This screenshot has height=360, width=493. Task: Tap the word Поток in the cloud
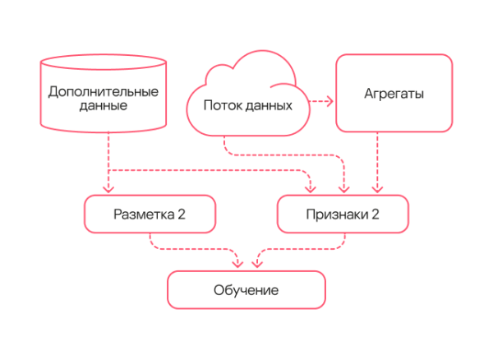pos(220,105)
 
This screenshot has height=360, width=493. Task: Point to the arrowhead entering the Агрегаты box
pos(329,102)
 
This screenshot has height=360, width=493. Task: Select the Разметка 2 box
pos(150,215)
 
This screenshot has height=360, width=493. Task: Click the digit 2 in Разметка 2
pos(182,215)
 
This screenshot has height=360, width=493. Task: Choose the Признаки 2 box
pos(343,215)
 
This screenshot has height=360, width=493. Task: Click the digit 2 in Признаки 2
pos(376,215)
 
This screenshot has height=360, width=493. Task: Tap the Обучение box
pos(246,290)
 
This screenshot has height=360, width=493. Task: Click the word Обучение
pos(246,290)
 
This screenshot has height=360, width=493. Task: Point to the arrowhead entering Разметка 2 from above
pos(108,190)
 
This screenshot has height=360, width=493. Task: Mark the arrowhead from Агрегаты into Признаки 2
pos(377,190)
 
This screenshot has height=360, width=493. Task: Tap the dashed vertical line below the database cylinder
pos(108,152)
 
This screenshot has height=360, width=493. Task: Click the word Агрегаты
pos(394,95)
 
